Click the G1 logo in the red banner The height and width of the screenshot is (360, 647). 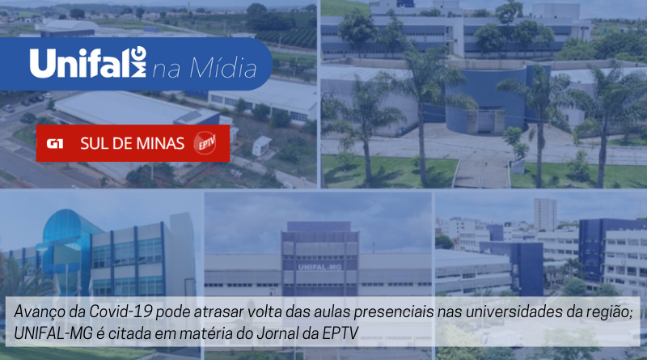tap(55, 144)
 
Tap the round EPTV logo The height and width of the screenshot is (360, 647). tap(205, 143)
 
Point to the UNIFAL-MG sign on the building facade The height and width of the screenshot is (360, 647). tap(319, 267)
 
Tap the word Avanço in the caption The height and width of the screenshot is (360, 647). tap(40, 311)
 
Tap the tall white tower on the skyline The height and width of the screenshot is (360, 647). tap(545, 214)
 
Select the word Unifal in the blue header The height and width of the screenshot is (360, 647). tap(79, 63)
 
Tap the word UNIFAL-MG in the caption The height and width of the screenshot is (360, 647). tap(53, 332)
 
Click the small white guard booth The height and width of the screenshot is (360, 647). tap(261, 146)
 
